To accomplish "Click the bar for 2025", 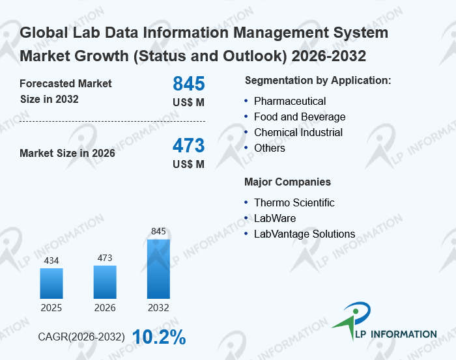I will click(x=51, y=283).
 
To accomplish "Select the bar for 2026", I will click(x=105, y=282).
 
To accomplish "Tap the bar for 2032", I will click(x=158, y=269).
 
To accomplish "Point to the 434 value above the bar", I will click(x=51, y=261).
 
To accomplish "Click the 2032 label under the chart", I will click(x=158, y=307).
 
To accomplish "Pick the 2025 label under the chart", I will click(x=51, y=307).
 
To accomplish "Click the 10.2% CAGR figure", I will click(x=159, y=337).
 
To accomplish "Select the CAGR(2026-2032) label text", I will click(x=81, y=337).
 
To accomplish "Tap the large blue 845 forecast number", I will click(x=189, y=84).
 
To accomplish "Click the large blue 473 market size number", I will click(x=189, y=145).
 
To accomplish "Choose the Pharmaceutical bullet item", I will click(x=290, y=102).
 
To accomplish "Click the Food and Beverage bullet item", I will click(x=300, y=117).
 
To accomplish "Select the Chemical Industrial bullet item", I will click(x=298, y=133).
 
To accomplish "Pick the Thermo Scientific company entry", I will click(x=294, y=203).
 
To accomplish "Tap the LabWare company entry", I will click(x=275, y=219).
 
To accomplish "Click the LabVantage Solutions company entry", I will click(x=304, y=234).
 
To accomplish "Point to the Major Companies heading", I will click(x=287, y=182).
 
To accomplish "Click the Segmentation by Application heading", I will click(x=318, y=81).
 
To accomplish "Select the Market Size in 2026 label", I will click(x=68, y=154).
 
